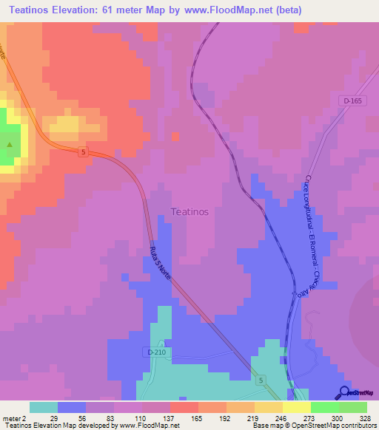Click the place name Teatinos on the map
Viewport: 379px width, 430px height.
coord(189,211)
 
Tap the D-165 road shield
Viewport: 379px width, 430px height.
coord(354,100)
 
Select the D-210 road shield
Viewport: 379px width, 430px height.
coord(156,352)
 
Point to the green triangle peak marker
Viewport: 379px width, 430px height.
coord(10,143)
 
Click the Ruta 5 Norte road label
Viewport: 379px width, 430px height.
coord(161,263)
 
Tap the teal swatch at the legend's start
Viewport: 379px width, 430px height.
coord(44,407)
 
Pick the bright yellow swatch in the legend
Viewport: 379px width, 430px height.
coord(297,407)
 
